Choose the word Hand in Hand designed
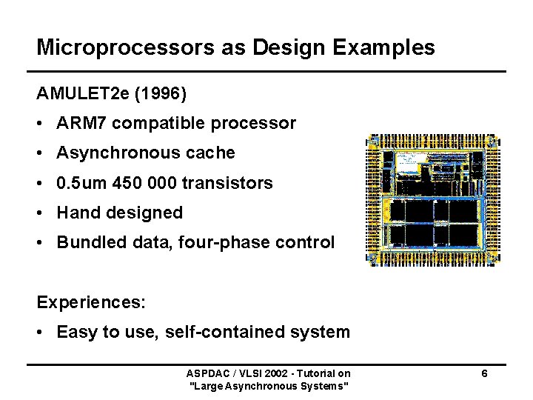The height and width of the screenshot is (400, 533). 77,213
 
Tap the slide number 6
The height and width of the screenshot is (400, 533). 483,373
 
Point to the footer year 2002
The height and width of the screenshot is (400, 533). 269,373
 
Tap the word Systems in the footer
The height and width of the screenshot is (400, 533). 325,385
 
